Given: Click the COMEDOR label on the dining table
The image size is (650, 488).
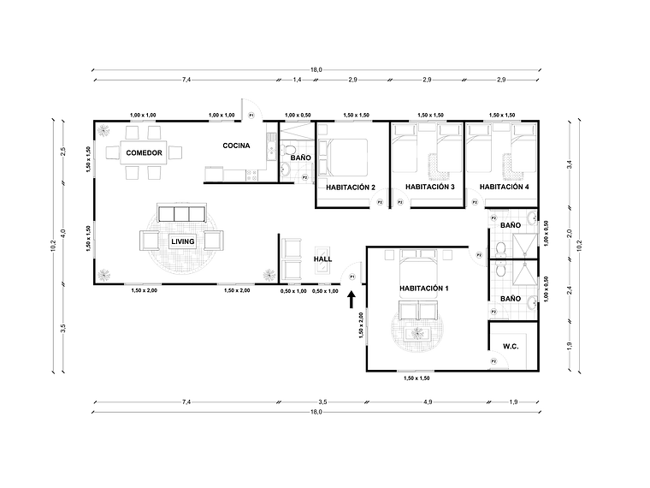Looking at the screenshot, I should (144, 153).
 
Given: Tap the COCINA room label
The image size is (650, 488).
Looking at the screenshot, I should (236, 146).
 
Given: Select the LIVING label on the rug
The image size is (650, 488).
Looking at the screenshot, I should (182, 241).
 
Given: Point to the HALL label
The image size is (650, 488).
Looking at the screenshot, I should (322, 259).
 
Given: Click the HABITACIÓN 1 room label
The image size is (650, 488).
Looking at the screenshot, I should (423, 289).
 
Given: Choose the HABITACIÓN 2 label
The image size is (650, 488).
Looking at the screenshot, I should (351, 187).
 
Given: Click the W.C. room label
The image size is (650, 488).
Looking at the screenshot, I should (511, 347).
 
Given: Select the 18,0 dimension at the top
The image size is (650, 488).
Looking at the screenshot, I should (316, 69).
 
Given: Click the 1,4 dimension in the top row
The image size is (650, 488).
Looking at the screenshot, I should (298, 79).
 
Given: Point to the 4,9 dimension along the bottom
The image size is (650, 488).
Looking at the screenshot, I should (426, 402).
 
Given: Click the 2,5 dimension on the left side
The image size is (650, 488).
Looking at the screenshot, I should (62, 152).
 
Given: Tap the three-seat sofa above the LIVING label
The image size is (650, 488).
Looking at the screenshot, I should (180, 213).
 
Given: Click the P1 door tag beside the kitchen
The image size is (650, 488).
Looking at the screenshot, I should (251, 114).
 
